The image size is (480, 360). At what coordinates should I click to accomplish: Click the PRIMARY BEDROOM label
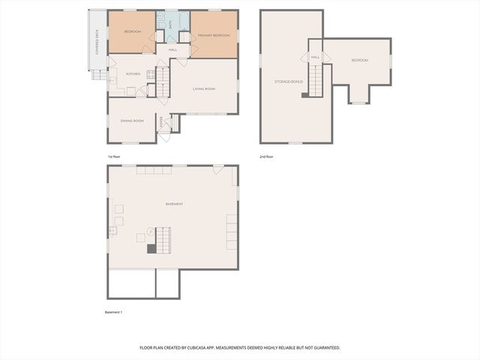point(214,36)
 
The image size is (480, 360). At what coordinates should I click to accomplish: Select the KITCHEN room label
point(133,73)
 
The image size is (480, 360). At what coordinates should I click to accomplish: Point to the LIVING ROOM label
point(203,89)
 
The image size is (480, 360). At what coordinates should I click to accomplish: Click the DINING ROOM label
point(132,121)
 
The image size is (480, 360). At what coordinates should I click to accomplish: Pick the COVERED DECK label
point(97,42)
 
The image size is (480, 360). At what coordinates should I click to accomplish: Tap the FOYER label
point(160,121)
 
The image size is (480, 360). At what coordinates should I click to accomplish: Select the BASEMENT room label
point(174,204)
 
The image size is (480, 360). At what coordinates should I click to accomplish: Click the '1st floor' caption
point(114,156)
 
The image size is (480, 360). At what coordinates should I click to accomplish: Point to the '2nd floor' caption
point(267,156)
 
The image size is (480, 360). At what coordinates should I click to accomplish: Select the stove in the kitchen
point(151,73)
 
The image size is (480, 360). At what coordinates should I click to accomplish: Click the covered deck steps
point(98,75)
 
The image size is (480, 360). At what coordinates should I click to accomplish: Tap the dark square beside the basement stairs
point(151,250)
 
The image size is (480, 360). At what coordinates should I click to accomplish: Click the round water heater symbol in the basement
point(149,232)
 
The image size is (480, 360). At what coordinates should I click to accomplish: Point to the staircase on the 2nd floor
point(319,79)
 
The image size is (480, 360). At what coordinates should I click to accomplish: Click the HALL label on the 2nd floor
point(315,57)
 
